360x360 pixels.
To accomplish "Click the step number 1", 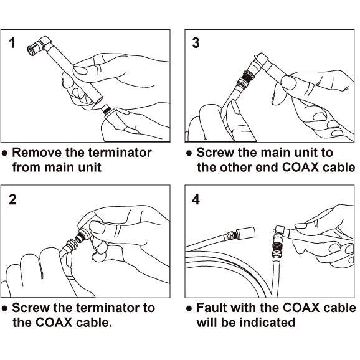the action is (x=12, y=43).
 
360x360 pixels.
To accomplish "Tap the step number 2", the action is (x=12, y=199).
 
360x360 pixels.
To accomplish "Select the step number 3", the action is (x=196, y=43).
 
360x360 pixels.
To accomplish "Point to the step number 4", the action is (x=196, y=199).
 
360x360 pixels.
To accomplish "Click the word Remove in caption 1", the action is (x=37, y=153).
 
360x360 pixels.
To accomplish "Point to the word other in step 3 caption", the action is (x=236, y=167).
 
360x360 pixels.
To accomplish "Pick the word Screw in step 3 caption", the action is (x=215, y=153).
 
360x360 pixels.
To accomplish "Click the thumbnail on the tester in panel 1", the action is (x=80, y=70).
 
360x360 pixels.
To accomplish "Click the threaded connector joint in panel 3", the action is (x=247, y=75).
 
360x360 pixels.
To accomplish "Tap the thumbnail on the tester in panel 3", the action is (x=288, y=82).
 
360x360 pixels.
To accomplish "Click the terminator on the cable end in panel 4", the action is (x=245, y=234).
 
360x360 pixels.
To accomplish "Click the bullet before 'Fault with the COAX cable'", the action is (x=189, y=308).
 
